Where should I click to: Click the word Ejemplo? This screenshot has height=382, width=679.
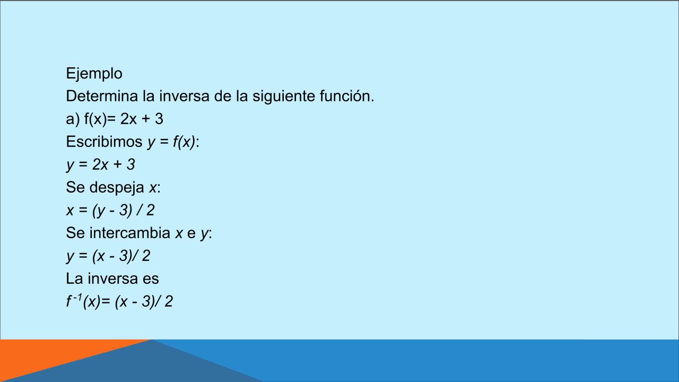point(94,74)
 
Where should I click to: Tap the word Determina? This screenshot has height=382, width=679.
point(102,96)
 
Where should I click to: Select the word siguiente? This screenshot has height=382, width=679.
point(284,97)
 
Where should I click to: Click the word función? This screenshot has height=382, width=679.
point(347,96)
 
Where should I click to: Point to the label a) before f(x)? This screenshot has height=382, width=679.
point(73,119)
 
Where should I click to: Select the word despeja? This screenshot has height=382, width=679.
point(117,188)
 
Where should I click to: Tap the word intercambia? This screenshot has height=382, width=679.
point(130,233)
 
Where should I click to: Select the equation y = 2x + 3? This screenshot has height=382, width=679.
point(101,165)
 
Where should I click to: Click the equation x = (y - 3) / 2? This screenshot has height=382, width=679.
point(110,211)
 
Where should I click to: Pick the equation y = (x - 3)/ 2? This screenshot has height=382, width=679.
point(108,256)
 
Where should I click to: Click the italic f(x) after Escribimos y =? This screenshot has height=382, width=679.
point(185,142)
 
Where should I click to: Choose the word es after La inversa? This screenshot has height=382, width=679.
point(151,279)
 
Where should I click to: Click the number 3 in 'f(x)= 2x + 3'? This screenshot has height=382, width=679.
point(159,119)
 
